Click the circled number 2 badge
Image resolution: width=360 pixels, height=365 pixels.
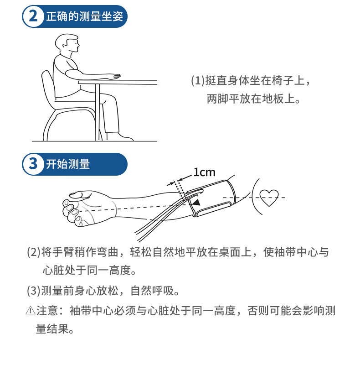tap(33, 17)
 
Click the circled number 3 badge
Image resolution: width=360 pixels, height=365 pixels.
tap(33, 164)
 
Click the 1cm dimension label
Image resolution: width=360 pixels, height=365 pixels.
tap(204, 172)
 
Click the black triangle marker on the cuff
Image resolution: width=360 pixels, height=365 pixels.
tap(195, 202)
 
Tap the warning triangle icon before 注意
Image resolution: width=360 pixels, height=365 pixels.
tap(30, 311)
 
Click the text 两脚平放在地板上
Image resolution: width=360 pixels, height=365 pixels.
tap(253, 99)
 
